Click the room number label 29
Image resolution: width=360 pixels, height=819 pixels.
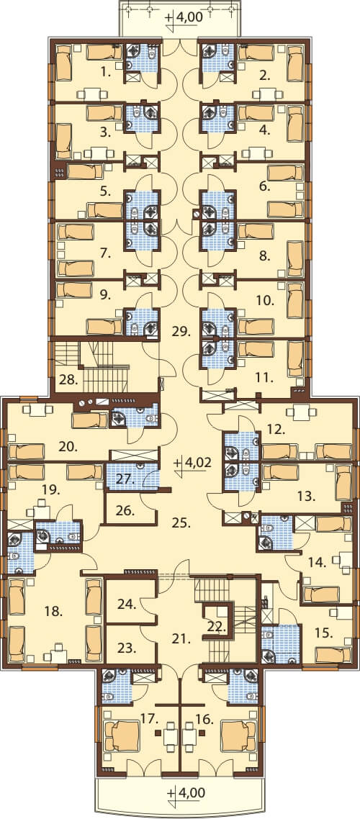coord(180,330)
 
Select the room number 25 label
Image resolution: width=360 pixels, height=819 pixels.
coord(180,521)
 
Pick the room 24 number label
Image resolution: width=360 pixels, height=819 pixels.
coord(126,605)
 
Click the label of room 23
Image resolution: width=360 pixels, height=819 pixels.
coord(126,648)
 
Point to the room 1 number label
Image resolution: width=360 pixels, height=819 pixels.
coord(107,73)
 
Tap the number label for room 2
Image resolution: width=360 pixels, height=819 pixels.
coord(266,77)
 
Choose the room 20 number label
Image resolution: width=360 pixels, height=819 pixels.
coord(68,447)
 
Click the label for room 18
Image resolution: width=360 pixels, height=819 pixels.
coord(55,610)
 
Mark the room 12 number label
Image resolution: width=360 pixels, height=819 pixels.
coord(276,430)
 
